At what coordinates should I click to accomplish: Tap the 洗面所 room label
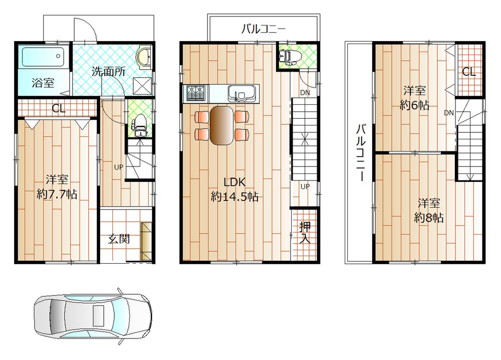click(108, 71)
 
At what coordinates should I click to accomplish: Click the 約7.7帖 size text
click(57, 195)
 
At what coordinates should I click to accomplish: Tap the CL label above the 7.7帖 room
click(59, 108)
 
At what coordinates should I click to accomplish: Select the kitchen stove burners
click(196, 93)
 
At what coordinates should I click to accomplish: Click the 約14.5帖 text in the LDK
click(234, 197)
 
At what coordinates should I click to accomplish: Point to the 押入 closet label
click(305, 232)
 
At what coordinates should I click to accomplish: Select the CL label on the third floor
click(469, 72)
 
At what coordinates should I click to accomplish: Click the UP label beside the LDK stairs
click(305, 186)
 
